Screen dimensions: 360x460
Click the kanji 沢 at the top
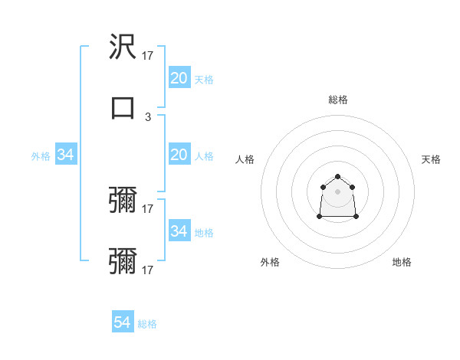[x=123, y=47]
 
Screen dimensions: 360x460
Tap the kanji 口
[x=123, y=107]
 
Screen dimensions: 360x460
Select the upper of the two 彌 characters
[x=123, y=201]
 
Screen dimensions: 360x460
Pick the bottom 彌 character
[x=123, y=262]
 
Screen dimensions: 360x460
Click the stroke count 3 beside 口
[x=148, y=117]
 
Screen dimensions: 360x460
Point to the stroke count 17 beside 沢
[x=148, y=56]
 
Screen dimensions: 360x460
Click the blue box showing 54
[x=123, y=322]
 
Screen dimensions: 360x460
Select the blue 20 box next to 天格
[x=179, y=78]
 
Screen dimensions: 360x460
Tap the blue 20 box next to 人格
[x=179, y=155]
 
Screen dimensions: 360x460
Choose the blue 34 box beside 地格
[x=179, y=231]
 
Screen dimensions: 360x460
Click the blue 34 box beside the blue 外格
[x=66, y=155]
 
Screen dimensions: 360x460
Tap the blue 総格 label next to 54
[x=147, y=324]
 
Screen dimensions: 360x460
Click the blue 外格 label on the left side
[x=41, y=156]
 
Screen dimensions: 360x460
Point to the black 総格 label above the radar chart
[x=337, y=100]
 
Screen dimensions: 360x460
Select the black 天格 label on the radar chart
[x=431, y=159]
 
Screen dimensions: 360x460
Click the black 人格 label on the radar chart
[x=245, y=159]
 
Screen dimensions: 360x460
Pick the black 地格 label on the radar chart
[x=402, y=262]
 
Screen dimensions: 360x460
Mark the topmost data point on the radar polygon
[x=337, y=177]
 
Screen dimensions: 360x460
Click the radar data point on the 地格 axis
[x=356, y=217]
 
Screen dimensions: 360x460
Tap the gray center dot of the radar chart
[x=337, y=191]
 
